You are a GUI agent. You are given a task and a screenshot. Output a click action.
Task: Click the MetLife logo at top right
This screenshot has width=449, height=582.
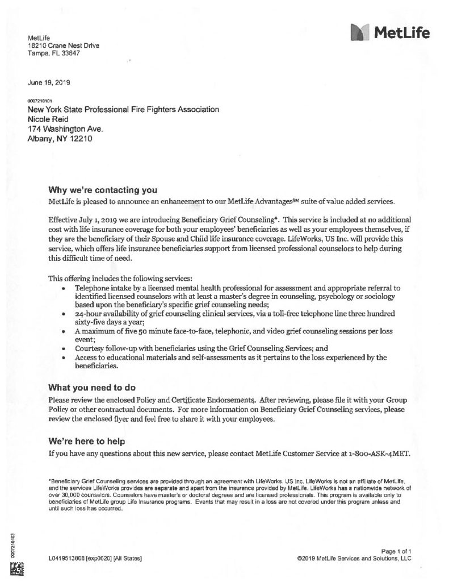[x=390, y=34]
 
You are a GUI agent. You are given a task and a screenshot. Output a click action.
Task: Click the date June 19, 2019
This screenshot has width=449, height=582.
[x=48, y=82]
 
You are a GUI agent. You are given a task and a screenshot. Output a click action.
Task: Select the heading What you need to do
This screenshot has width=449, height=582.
[x=92, y=388]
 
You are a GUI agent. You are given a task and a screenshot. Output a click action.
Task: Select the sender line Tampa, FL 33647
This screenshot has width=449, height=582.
[x=54, y=53]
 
